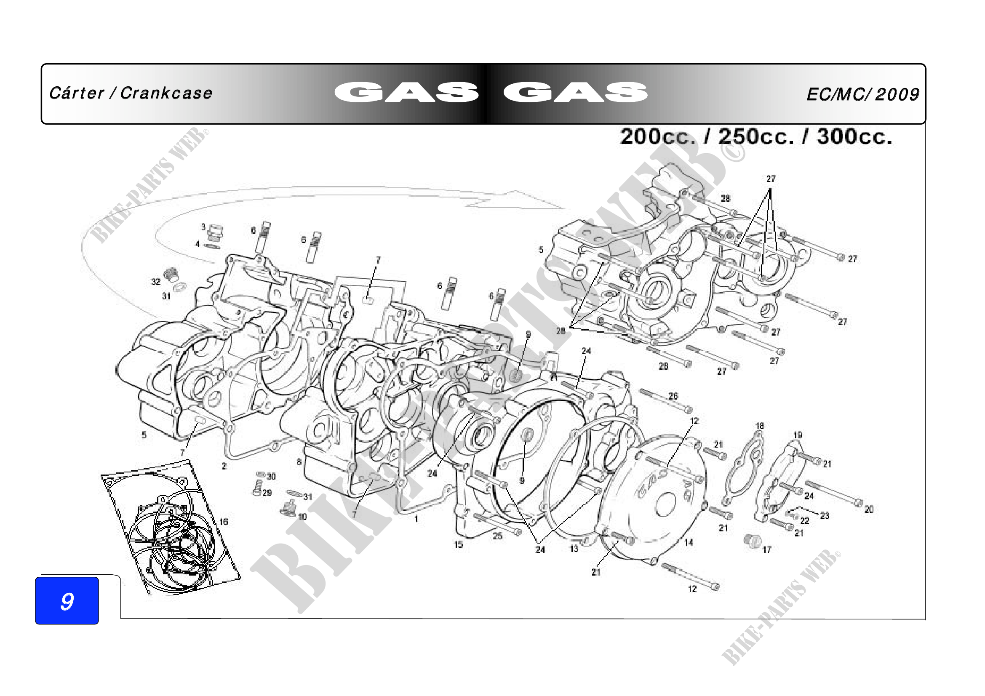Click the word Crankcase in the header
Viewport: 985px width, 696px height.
(166, 93)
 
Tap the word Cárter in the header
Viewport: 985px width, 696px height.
(76, 93)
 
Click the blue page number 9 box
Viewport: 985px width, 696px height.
(67, 601)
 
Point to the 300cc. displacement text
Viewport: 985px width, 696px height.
(854, 137)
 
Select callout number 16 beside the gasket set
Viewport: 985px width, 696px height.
(224, 521)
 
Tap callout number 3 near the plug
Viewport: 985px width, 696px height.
(203, 227)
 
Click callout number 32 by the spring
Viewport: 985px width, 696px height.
(155, 281)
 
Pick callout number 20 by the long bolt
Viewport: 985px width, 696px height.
(869, 509)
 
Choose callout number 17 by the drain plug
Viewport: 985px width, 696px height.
(766, 549)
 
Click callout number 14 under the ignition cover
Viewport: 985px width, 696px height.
(689, 542)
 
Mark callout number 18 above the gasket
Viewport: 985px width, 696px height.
(760, 426)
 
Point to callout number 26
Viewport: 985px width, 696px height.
(673, 396)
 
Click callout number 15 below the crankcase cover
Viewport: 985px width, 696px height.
(458, 544)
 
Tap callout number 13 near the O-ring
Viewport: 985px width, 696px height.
(574, 549)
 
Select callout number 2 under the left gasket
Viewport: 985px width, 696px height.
(224, 466)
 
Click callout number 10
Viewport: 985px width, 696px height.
(302, 516)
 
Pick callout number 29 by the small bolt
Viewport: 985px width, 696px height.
(267, 493)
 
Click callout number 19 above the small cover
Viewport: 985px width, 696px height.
(798, 435)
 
